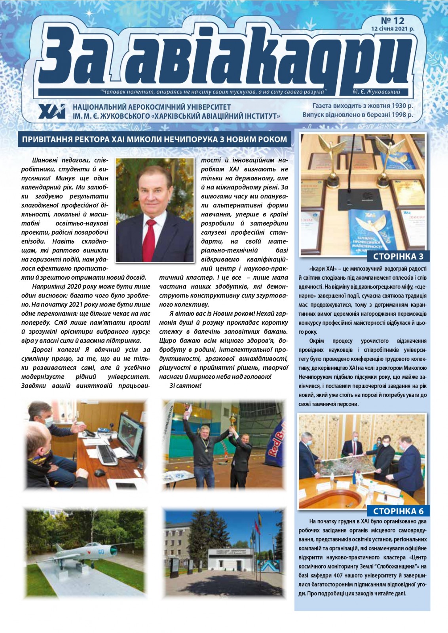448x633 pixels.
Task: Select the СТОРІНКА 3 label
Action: coord(398,256)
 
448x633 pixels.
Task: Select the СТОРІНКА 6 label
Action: coord(398,511)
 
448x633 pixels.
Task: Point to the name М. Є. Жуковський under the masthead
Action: coord(376,92)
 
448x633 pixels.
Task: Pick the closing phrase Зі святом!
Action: coord(185,386)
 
